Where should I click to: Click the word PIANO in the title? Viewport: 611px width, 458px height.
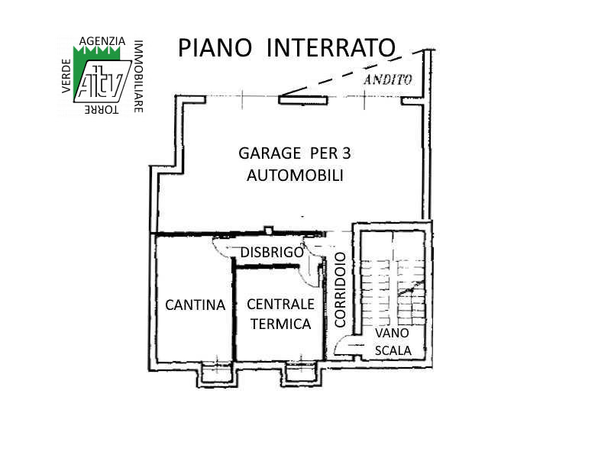pyautogui.click(x=215, y=47)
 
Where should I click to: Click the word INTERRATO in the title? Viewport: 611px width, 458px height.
pyautogui.click(x=331, y=47)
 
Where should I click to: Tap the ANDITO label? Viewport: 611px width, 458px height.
pyautogui.click(x=388, y=80)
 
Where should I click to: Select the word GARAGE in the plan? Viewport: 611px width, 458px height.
pyautogui.click(x=270, y=153)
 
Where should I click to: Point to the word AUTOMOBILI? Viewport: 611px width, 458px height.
pyautogui.click(x=295, y=176)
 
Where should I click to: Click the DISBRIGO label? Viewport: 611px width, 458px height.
pyautogui.click(x=272, y=253)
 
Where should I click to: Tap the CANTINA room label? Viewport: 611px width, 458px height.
pyautogui.click(x=196, y=305)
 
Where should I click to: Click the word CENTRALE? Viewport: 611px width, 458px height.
pyautogui.click(x=280, y=304)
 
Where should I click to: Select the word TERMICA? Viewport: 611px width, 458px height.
pyautogui.click(x=280, y=324)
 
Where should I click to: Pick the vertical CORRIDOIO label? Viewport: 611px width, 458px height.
pyautogui.click(x=340, y=290)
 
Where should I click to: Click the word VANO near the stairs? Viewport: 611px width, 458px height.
pyautogui.click(x=392, y=333)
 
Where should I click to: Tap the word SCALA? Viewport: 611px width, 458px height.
pyautogui.click(x=393, y=350)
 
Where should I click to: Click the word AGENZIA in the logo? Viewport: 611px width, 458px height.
pyautogui.click(x=102, y=41)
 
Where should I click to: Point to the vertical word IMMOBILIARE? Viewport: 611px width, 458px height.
pyautogui.click(x=138, y=76)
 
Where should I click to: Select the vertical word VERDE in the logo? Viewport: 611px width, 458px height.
pyautogui.click(x=66, y=76)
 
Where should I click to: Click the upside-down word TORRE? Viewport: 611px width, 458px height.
pyautogui.click(x=102, y=109)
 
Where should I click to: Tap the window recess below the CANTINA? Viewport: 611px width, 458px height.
pyautogui.click(x=217, y=374)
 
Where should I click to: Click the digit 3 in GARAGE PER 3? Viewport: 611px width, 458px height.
pyautogui.click(x=347, y=153)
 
